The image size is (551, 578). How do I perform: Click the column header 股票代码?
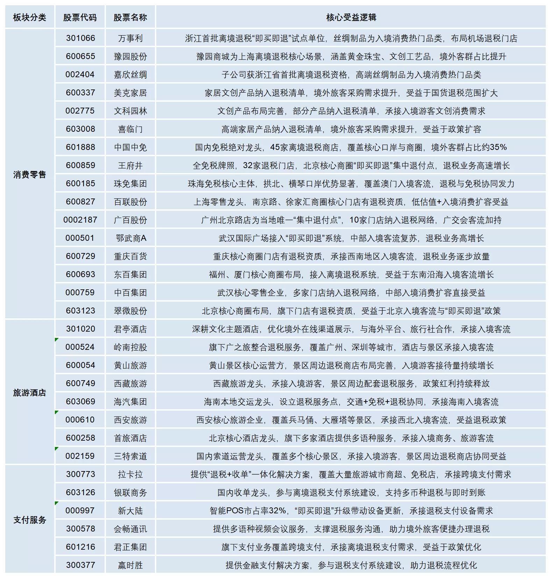pyautogui.click(x=80, y=17)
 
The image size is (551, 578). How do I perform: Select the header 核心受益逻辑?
pyautogui.click(x=351, y=17)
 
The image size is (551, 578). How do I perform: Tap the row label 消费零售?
pyautogui.click(x=30, y=174)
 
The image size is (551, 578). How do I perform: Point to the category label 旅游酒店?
pyautogui.click(x=30, y=392)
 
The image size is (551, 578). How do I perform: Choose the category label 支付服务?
pyautogui.click(x=30, y=520)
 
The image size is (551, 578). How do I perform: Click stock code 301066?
pyautogui.click(x=80, y=38)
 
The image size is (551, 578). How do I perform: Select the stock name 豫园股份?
pyautogui.click(x=130, y=56)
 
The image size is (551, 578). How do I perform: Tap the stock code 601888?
pyautogui.click(x=80, y=147)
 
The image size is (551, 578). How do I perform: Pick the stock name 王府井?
pyautogui.click(x=130, y=165)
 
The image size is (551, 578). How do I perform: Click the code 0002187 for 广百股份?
pyautogui.click(x=80, y=220)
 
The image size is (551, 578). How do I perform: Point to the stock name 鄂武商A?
pyautogui.click(x=130, y=238)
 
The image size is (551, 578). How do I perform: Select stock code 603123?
pyautogui.click(x=80, y=311)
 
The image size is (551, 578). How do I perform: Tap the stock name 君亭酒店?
pyautogui.click(x=130, y=329)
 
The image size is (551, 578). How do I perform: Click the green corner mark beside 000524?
pyautogui.click(x=57, y=339)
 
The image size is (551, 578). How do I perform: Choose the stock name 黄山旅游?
pyautogui.click(x=130, y=365)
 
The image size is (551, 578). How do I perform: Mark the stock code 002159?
pyautogui.click(x=80, y=456)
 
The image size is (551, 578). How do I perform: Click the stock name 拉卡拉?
pyautogui.click(x=130, y=474)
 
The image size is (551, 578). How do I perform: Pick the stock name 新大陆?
pyautogui.click(x=130, y=511)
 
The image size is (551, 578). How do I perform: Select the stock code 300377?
pyautogui.click(x=80, y=565)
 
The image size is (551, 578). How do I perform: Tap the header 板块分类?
pyautogui.click(x=30, y=17)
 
